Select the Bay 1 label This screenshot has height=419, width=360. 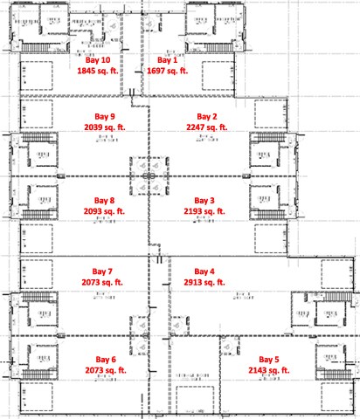[167, 59]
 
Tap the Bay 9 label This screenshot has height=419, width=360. [104, 116]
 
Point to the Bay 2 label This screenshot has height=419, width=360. [206, 116]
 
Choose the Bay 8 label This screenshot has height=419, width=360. [104, 201]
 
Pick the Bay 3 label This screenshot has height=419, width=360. [205, 201]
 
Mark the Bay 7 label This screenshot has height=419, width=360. [104, 271]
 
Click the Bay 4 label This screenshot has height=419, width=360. [205, 271]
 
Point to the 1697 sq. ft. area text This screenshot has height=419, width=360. [167, 70]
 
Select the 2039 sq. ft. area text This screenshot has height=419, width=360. [104, 127]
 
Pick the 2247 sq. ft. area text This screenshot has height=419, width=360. [206, 127]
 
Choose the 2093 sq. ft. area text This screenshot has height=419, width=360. [104, 211]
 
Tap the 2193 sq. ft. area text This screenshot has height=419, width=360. [205, 211]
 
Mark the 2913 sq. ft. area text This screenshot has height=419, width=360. [205, 283]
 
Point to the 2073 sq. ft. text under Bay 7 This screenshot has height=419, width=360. [104, 283]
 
